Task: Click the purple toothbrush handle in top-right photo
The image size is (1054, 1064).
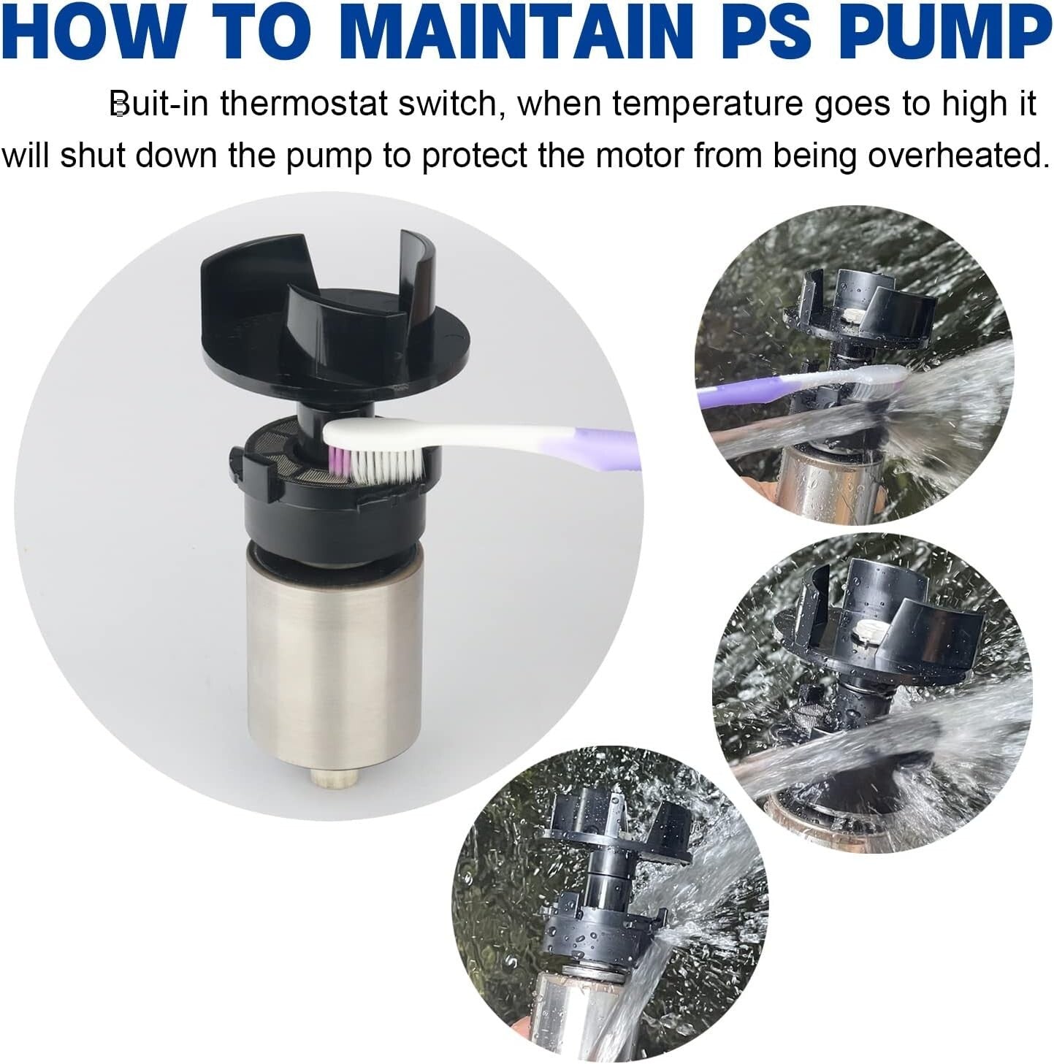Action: click(x=738, y=395)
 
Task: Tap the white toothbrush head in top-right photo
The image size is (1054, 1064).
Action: click(x=873, y=375)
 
